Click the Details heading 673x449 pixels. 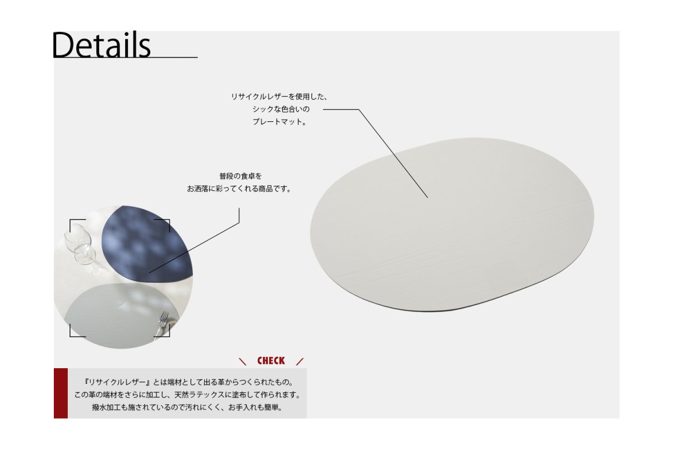click(x=102, y=45)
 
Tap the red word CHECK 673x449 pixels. click(x=271, y=360)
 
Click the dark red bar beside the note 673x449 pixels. click(x=61, y=393)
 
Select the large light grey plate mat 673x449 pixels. click(x=452, y=224)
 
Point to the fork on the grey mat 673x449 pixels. click(x=163, y=323)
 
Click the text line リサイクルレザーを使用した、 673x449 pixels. click(x=279, y=97)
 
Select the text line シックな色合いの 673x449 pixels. click(x=281, y=109)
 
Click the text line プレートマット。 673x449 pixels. click(x=279, y=122)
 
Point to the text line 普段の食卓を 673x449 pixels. click(x=241, y=176)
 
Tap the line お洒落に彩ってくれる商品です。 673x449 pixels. click(x=239, y=189)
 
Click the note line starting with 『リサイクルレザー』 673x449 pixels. click(x=188, y=382)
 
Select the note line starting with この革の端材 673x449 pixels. click(x=187, y=395)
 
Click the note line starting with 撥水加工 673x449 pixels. click(x=187, y=407)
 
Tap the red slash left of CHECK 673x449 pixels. click(x=242, y=361)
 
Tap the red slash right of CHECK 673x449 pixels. click(x=299, y=361)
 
